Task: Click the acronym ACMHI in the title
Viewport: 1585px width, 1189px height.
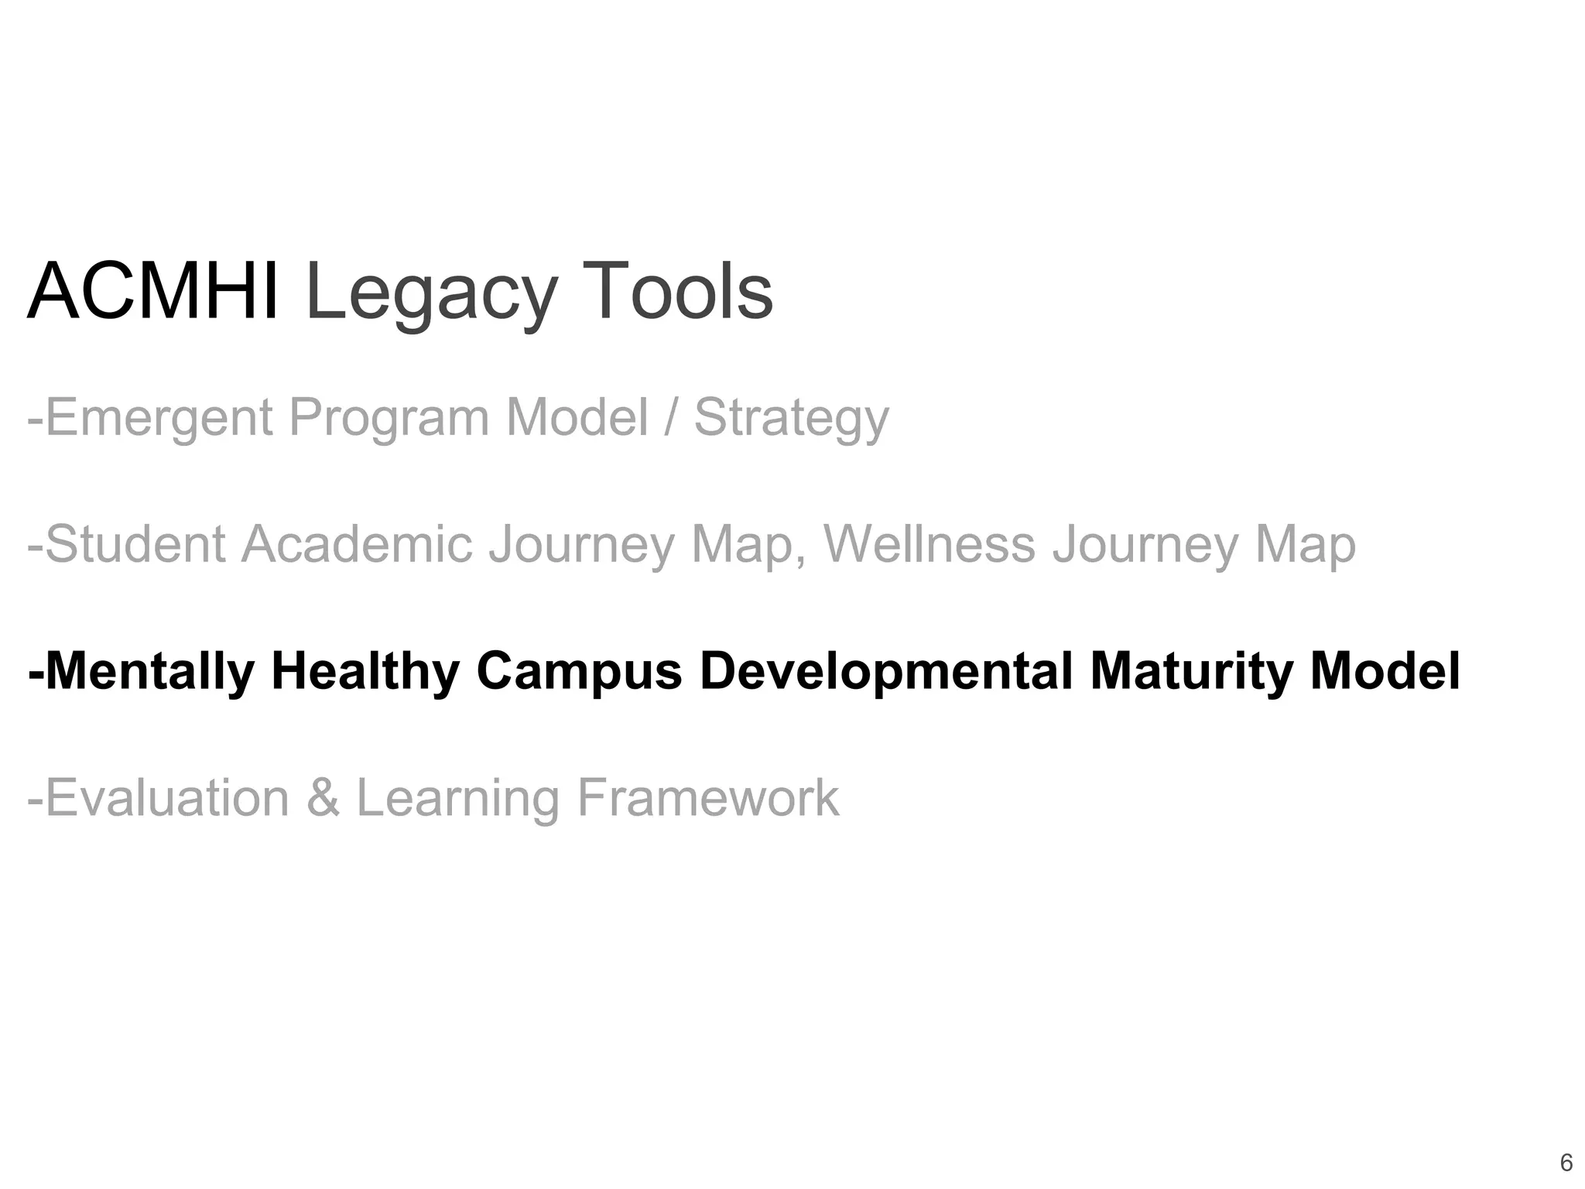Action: click(152, 291)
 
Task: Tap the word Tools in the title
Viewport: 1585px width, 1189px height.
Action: click(676, 291)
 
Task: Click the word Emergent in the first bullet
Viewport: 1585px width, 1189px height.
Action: click(159, 418)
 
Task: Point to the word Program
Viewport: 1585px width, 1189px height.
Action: click(389, 418)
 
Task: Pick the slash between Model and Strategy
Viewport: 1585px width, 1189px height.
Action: click(670, 418)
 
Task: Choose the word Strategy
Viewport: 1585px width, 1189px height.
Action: click(791, 418)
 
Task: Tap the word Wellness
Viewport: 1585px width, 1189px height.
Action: click(929, 544)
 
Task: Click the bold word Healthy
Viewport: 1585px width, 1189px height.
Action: click(365, 671)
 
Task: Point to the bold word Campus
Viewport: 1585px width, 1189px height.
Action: click(579, 671)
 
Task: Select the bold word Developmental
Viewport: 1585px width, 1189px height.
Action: click(885, 671)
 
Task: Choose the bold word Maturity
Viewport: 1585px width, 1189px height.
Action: click(1191, 671)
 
